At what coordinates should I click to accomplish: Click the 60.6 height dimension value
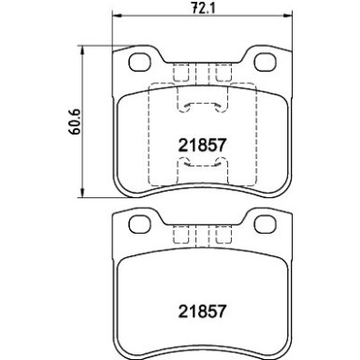click(72, 123)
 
